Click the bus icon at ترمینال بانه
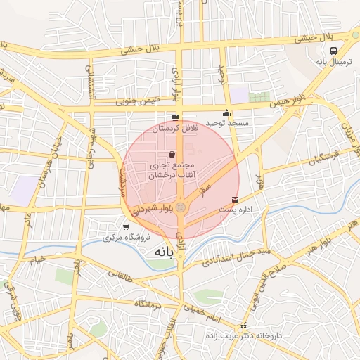tap(333, 51)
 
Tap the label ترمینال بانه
tap(332, 62)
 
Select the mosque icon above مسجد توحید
tap(226, 113)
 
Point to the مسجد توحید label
tap(227, 123)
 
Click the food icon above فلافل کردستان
tap(175, 117)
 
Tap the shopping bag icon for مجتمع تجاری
tap(172, 154)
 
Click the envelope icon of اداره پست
tap(235, 199)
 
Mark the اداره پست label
tap(236, 210)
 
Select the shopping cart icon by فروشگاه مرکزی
tap(126, 226)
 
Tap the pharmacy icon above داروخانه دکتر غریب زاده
tap(243, 326)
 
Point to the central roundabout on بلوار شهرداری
tap(181, 207)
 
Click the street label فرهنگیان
tap(323, 157)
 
